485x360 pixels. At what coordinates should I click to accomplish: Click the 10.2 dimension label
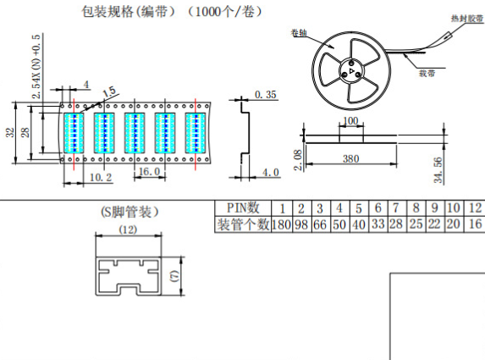point(101,177)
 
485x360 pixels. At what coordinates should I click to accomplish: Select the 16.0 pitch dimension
point(150,171)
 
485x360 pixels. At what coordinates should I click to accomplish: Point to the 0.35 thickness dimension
point(266,94)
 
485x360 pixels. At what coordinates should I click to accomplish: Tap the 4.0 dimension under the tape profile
point(271,173)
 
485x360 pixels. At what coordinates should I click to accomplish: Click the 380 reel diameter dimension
point(351,158)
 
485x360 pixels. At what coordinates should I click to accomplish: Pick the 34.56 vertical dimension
point(438,170)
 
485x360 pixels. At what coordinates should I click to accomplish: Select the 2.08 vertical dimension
point(298,160)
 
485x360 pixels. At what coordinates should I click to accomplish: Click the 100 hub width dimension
point(350,121)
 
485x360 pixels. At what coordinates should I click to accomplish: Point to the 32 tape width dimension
point(10,132)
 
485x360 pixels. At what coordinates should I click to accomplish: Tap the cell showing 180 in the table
point(282,224)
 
